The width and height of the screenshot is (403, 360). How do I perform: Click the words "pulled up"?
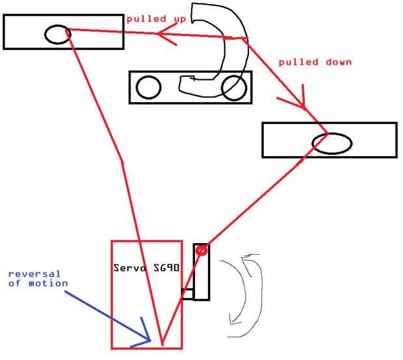pyautogui.click(x=156, y=19)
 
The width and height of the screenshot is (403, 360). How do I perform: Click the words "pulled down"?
pyautogui.click(x=315, y=62)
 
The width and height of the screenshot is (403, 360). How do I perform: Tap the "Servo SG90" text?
pyautogui.click(x=145, y=268)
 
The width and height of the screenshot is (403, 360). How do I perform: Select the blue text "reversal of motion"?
pyautogui.click(x=38, y=278)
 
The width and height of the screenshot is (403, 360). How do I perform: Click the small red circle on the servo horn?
pyautogui.click(x=201, y=250)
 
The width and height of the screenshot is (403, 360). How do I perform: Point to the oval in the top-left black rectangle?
pyautogui.click(x=57, y=34)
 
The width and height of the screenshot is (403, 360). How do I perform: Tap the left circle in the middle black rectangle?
pyautogui.click(x=148, y=87)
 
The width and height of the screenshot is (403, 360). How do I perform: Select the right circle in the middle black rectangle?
pyautogui.click(x=233, y=88)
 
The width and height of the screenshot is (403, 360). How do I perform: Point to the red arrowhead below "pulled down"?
pyautogui.click(x=296, y=104)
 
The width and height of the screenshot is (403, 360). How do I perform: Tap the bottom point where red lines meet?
pyautogui.click(x=161, y=343)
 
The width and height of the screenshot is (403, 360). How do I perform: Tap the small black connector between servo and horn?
pyautogui.click(x=187, y=294)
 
